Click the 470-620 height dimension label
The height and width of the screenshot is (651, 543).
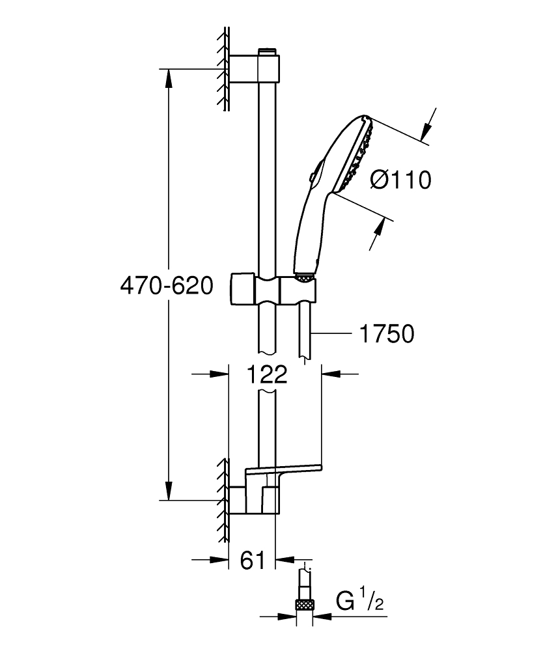point(167,286)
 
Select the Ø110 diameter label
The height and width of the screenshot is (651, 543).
point(400,180)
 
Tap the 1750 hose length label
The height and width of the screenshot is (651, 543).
point(387,335)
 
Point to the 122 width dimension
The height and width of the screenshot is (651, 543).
point(267,374)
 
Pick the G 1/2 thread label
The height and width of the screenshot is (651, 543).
point(360,600)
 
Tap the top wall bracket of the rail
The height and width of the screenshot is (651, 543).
point(255,69)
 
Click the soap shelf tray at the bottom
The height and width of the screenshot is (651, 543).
point(283,471)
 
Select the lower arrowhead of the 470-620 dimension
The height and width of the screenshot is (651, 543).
point(169,491)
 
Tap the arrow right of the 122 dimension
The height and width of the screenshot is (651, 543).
point(331,374)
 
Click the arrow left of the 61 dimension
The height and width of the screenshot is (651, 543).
point(221,559)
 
